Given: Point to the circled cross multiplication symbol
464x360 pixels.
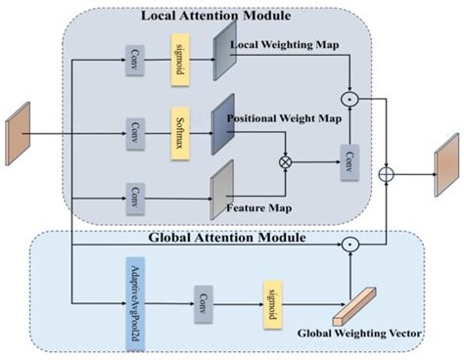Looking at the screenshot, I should click(287, 161).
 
